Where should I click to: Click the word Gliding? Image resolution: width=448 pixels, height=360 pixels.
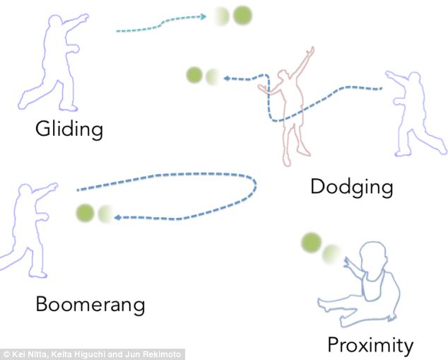coord(69,129)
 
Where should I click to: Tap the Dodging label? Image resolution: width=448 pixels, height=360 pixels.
coord(351,187)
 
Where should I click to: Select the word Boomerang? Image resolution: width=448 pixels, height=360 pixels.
coord(90,305)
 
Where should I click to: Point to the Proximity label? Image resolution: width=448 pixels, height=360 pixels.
coord(370,345)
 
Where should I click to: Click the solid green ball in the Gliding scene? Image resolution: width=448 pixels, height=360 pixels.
coord(242,15)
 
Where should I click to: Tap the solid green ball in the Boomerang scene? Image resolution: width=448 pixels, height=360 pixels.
coord(86,212)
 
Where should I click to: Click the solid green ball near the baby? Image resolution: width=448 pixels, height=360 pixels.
coord(311,243)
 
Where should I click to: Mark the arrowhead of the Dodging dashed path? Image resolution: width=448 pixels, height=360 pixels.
coord(226,79)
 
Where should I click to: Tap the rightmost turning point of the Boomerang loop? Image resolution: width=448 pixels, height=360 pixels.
coord(254,185)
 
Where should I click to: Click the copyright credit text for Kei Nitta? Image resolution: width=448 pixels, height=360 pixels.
coord(92,354)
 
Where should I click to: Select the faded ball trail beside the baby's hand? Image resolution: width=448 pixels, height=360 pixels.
coord(331,253)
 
